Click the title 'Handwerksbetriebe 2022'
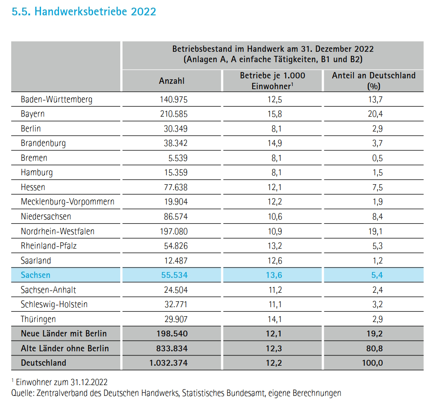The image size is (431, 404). [x=95, y=12]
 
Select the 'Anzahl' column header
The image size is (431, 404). [x=172, y=81]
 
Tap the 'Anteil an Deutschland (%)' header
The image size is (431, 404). [x=373, y=81]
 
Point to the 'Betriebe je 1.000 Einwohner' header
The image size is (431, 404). [x=272, y=81]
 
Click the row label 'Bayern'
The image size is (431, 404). [x=32, y=114]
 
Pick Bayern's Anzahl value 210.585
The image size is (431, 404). [x=174, y=114]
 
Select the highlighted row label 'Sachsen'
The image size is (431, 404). [x=36, y=275]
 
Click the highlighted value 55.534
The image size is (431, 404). [x=174, y=275]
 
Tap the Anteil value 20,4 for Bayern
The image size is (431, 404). [x=375, y=114]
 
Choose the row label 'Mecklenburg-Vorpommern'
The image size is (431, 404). [x=68, y=202]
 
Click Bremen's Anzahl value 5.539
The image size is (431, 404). [x=178, y=158]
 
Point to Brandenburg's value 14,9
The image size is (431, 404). [x=275, y=143]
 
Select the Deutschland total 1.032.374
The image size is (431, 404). [x=168, y=363]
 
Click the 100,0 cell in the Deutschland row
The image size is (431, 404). [x=372, y=363]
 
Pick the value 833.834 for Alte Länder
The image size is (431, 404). [x=172, y=348]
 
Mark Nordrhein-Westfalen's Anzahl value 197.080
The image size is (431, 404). [x=174, y=231]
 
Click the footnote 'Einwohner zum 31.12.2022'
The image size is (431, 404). [x=62, y=382]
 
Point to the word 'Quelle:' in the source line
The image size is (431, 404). [x=23, y=393]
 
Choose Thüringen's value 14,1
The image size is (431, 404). [x=275, y=319]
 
